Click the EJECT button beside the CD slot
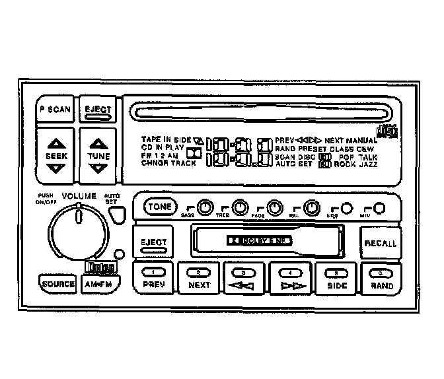coord(97,110)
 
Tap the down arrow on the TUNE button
coord(98,168)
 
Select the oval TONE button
coord(159,207)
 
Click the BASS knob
coord(205,208)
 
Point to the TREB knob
coord(240,208)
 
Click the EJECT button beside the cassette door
coord(153,244)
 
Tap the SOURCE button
coord(57,284)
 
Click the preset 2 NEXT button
coord(199,279)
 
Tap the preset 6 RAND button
coord(381,279)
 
